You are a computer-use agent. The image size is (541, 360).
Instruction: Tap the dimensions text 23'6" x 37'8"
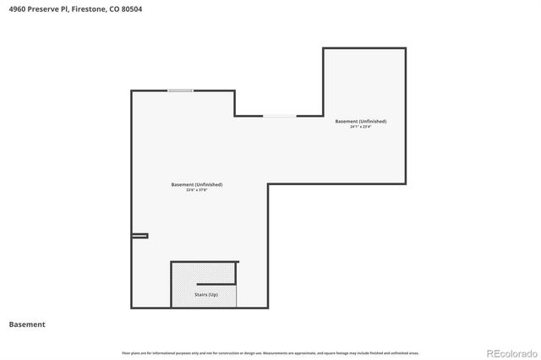[197, 190]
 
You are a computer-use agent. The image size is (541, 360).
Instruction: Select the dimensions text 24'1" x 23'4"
[361, 127]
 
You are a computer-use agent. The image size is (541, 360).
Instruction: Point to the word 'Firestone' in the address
[89, 8]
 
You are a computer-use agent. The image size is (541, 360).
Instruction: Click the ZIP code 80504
[130, 8]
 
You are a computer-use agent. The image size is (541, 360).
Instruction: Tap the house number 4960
[17, 8]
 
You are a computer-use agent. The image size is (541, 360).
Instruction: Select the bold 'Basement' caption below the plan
[27, 325]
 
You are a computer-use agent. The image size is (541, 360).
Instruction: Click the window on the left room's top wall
[180, 90]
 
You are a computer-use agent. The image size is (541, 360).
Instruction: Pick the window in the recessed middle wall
[279, 116]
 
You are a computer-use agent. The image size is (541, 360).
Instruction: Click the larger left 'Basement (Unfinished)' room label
[197, 184]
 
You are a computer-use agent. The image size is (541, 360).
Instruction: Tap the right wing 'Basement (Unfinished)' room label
[361, 122]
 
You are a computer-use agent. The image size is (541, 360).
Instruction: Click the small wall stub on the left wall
[139, 236]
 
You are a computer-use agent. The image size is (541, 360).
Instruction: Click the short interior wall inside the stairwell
[216, 282]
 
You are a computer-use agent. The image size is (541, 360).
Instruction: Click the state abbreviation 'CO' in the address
[113, 8]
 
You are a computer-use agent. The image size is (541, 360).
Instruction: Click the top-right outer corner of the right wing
[405, 48]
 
